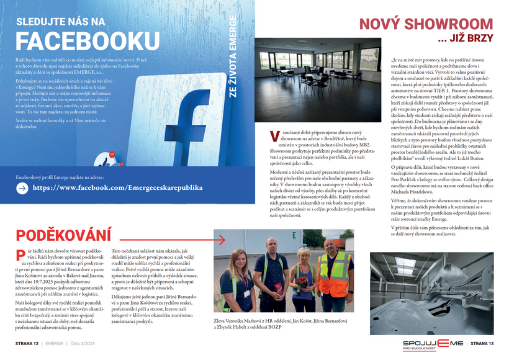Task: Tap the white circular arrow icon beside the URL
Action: (22, 187)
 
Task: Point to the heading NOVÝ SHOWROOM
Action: (426, 24)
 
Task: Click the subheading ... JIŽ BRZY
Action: (465, 39)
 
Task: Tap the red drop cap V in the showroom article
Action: (274, 136)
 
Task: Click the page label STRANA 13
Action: (481, 343)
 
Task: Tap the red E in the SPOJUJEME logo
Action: (442, 342)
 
